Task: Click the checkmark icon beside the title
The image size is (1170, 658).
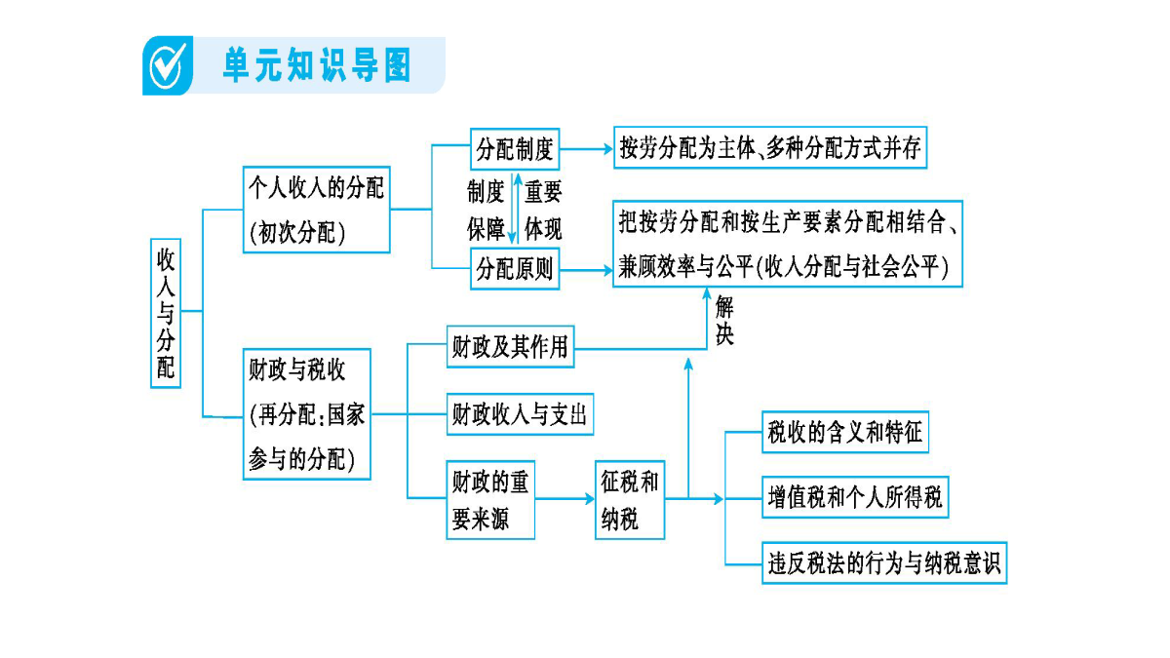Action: pyautogui.click(x=168, y=66)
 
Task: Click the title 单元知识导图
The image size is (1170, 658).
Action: pyautogui.click(x=317, y=65)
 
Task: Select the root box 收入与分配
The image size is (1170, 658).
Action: pyautogui.click(x=166, y=313)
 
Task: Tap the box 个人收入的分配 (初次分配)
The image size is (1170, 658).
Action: pyautogui.click(x=317, y=210)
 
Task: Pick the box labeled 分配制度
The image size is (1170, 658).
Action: pyautogui.click(x=515, y=149)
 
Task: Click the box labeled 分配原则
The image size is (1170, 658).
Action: pyautogui.click(x=515, y=269)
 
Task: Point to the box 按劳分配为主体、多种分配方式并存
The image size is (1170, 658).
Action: pyautogui.click(x=770, y=148)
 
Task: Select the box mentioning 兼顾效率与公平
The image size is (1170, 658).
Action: pyautogui.click(x=788, y=244)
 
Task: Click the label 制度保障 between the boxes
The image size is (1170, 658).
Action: pyautogui.click(x=486, y=210)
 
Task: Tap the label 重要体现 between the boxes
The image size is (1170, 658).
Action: pyautogui.click(x=543, y=210)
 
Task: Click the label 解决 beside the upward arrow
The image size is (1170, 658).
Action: pyautogui.click(x=724, y=320)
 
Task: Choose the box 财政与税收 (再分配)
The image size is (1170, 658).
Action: pyautogui.click(x=307, y=414)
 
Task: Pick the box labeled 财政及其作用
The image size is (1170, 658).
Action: pyautogui.click(x=510, y=347)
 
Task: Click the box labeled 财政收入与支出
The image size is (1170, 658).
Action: pyautogui.click(x=521, y=414)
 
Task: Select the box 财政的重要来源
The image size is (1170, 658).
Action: pyautogui.click(x=490, y=500)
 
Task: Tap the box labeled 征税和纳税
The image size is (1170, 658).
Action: pyautogui.click(x=630, y=500)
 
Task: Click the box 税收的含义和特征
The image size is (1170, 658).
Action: pyautogui.click(x=845, y=432)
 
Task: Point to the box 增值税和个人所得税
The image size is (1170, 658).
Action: pyautogui.click(x=855, y=497)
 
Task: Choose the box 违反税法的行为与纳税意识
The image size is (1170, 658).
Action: pyautogui.click(x=884, y=563)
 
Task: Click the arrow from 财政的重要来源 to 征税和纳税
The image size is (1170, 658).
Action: pyautogui.click(x=565, y=499)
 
